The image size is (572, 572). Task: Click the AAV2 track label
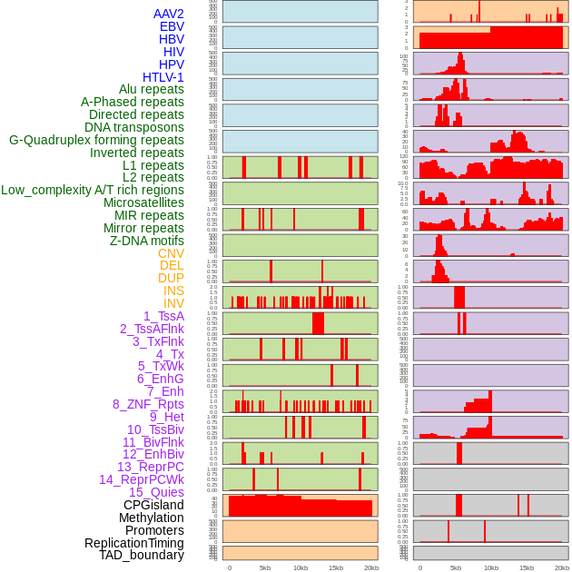pyautogui.click(x=168, y=14)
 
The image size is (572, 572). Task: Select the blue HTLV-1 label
pyautogui.click(x=163, y=77)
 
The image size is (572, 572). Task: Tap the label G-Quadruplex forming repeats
pyautogui.click(x=96, y=140)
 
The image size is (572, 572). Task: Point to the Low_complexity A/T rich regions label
pyautogui.click(x=93, y=190)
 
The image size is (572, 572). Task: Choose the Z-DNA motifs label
pyautogui.click(x=146, y=241)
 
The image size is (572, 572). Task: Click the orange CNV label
pyautogui.click(x=171, y=253)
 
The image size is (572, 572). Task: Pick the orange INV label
pyautogui.click(x=173, y=303)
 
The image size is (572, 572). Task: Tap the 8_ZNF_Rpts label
pyautogui.click(x=148, y=404)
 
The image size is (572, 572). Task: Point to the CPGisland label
pyautogui.click(x=153, y=505)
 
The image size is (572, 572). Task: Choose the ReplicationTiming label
pyautogui.click(x=133, y=543)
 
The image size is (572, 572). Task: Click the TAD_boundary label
pyautogui.click(x=141, y=555)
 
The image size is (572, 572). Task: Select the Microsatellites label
pyautogui.click(x=143, y=202)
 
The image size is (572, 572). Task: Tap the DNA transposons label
pyautogui.click(x=134, y=127)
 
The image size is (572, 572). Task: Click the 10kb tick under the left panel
pyautogui.click(x=300, y=567)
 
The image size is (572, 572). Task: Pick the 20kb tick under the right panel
pyautogui.click(x=561, y=567)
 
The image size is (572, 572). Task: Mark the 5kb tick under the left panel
pyautogui.click(x=265, y=567)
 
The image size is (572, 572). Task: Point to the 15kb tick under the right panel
pyautogui.click(x=526, y=567)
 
